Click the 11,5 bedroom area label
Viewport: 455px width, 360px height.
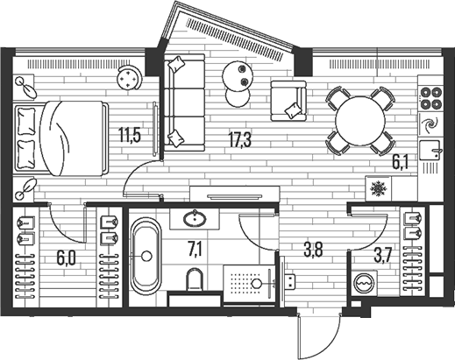pyautogui.click(x=130, y=135)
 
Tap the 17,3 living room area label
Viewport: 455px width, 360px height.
pyautogui.click(x=240, y=139)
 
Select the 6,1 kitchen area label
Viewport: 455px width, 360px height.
pyautogui.click(x=400, y=162)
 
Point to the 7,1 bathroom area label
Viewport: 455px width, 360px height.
pyautogui.click(x=195, y=251)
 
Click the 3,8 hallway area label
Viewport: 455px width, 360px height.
pyautogui.click(x=313, y=250)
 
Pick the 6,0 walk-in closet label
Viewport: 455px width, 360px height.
pyautogui.click(x=66, y=258)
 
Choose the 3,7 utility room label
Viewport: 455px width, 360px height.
pyautogui.click(x=382, y=256)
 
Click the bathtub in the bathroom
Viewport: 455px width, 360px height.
pyautogui.click(x=146, y=256)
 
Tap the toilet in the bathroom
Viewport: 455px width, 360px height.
pyautogui.click(x=195, y=279)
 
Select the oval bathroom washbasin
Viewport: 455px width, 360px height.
pyautogui.click(x=195, y=219)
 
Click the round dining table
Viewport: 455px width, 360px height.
pyautogui.click(x=360, y=121)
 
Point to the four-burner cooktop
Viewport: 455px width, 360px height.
pyautogui.click(x=430, y=97)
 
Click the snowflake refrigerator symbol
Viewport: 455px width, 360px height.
pyautogui.click(x=379, y=188)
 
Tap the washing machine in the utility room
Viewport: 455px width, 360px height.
pyautogui.click(x=364, y=283)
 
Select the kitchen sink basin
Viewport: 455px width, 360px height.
pyautogui.click(x=430, y=150)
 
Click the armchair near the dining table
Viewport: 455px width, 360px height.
pyautogui.click(x=288, y=101)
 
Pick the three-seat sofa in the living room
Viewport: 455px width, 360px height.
pyautogui.click(x=184, y=102)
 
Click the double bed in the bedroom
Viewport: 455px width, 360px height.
pyautogui.click(x=60, y=138)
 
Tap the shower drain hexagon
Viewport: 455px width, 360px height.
pyautogui.click(x=256, y=283)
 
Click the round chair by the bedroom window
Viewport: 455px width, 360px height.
pyautogui.click(x=129, y=77)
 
